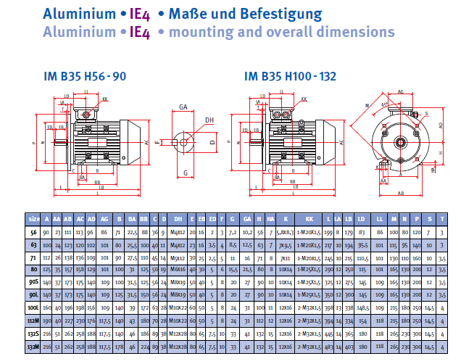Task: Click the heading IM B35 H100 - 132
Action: [290, 75]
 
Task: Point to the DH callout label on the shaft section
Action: [209, 120]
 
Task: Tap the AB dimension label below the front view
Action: [401, 194]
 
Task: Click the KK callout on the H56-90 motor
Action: [105, 99]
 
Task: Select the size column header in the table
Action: [33, 218]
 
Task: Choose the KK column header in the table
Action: [309, 218]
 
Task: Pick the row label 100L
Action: [33, 308]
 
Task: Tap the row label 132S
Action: [33, 334]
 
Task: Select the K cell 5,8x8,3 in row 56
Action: [285, 231]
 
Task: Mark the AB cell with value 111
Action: [68, 231]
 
